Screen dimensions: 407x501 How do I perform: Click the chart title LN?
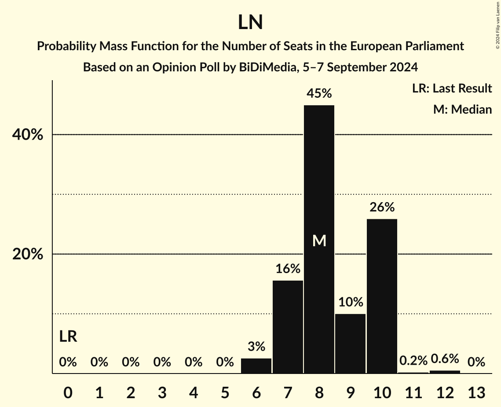pos(250,22)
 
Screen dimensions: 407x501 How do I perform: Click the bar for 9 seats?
pos(350,344)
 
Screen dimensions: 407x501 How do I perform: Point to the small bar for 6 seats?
pos(256,366)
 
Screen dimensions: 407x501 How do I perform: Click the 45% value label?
pos(319,93)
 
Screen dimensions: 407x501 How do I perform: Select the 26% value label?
pos(382,207)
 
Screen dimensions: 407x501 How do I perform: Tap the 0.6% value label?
pos(445,359)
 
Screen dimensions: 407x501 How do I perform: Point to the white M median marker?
pos(319,240)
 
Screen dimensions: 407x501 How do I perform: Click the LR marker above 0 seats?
pos(68,337)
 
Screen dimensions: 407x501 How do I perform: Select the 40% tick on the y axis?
pos(27,135)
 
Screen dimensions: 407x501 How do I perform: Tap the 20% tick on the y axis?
pos(27,255)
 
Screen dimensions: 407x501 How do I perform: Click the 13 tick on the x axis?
pos(476,392)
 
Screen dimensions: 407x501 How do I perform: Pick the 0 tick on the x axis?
pos(68,392)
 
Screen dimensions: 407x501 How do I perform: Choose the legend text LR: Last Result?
pos(452,89)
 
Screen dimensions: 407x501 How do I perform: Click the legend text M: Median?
pos(462,109)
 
